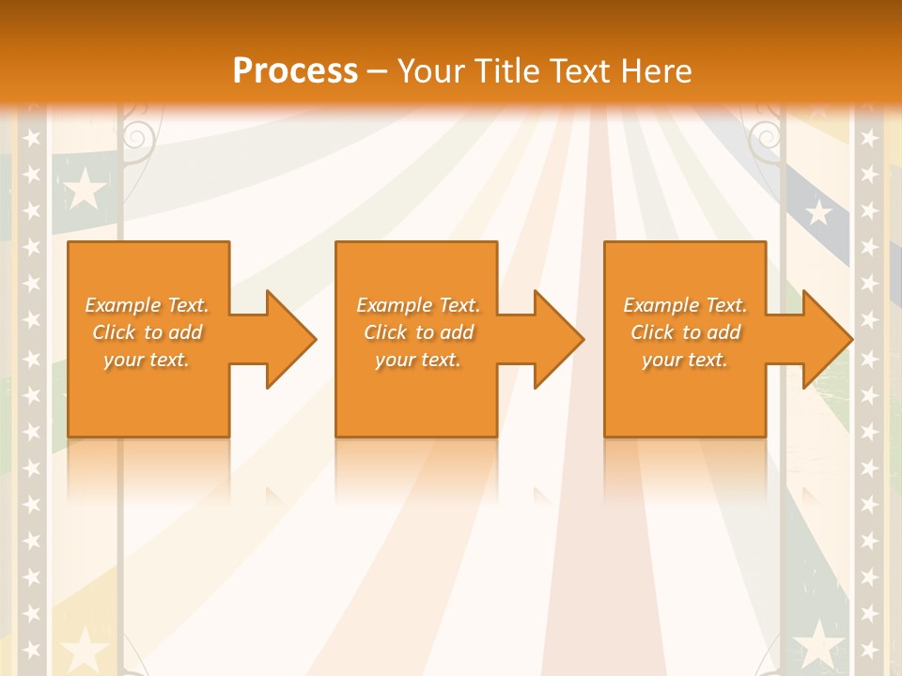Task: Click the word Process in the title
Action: coord(295,71)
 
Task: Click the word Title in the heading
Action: coord(502,71)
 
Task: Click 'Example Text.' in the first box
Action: coord(147,305)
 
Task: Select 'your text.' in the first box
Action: coord(147,360)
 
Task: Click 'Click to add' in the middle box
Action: coord(418,332)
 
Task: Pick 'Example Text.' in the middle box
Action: coord(418,305)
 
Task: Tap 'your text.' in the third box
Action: coord(685,360)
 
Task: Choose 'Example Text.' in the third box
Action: coord(685,305)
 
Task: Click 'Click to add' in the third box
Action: coord(685,332)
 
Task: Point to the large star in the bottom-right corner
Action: coord(818,646)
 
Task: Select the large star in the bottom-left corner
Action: coord(86,649)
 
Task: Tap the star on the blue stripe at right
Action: coord(819,213)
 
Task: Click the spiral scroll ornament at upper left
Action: coord(137,137)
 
